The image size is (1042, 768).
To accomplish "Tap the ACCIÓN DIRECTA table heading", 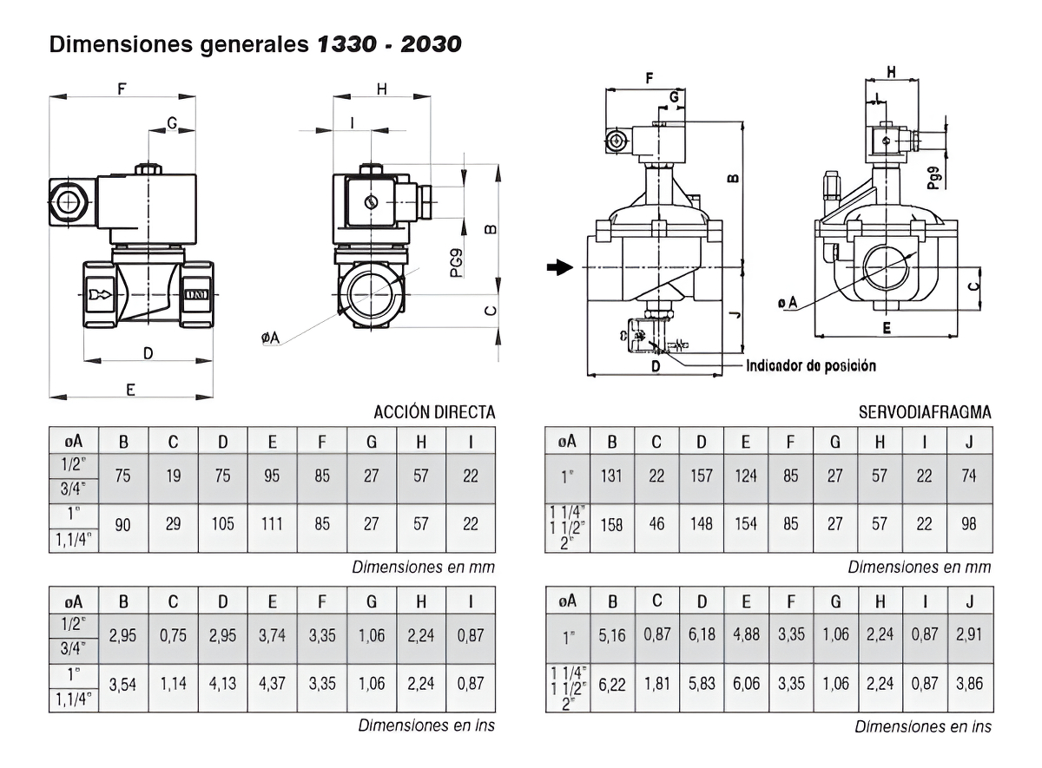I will (434, 412).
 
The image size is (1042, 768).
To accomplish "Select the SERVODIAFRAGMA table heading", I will (925, 412).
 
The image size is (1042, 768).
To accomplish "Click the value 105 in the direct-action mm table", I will (222, 525).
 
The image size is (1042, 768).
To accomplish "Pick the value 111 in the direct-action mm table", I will (272, 525).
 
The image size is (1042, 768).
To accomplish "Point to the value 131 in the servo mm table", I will (612, 476).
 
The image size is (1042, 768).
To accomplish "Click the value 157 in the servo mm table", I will (701, 476).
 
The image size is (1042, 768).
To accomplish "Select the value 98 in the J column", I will (969, 525).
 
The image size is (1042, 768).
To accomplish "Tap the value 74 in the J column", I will (969, 476).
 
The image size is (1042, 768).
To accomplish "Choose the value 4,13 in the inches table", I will (222, 684).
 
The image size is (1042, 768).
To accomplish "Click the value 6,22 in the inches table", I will (612, 684).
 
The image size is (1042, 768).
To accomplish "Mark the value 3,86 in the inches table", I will (969, 684).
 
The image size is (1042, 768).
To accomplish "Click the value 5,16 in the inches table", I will (612, 634).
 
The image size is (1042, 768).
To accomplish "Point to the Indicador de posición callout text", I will (811, 365).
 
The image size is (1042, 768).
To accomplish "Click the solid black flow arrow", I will (560, 267).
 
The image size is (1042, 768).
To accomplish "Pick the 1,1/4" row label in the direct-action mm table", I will (73, 541).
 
